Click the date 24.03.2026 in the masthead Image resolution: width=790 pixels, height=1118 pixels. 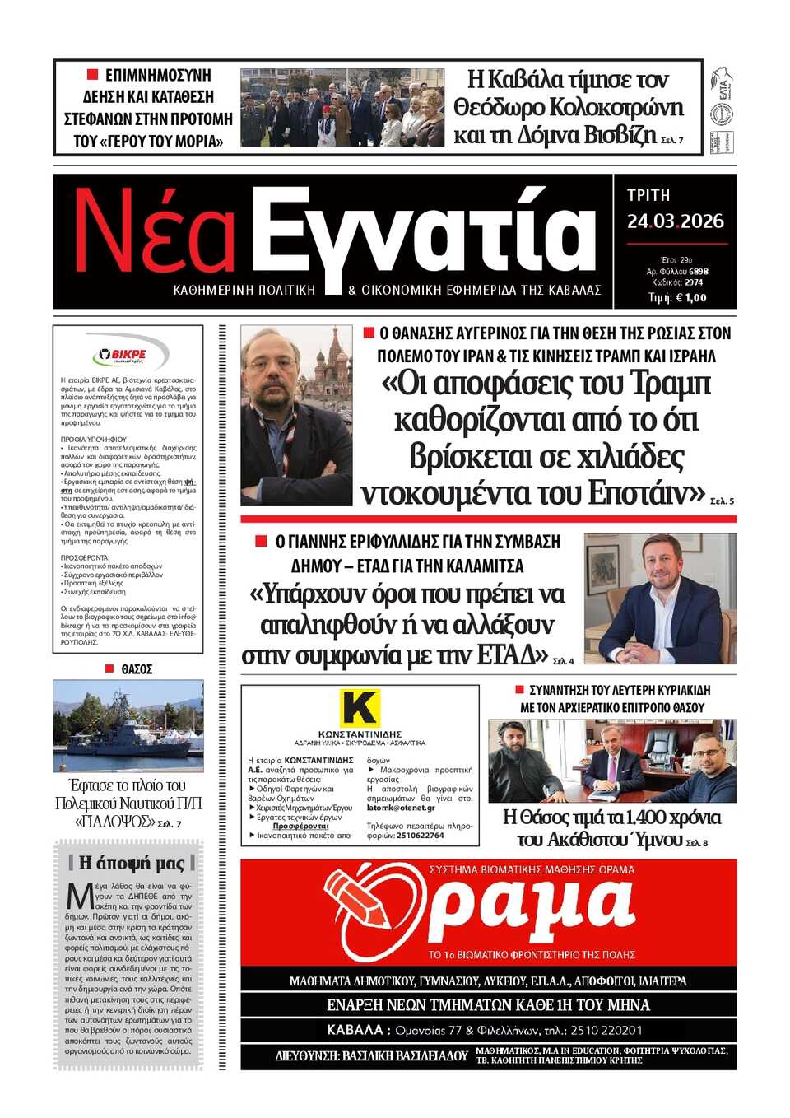click(x=675, y=221)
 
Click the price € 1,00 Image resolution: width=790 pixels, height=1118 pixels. click(x=690, y=298)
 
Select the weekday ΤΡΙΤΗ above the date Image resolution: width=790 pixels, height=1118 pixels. click(x=648, y=195)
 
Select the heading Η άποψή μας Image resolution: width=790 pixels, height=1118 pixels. click(x=132, y=863)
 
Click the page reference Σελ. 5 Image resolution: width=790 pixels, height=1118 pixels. click(x=722, y=501)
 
